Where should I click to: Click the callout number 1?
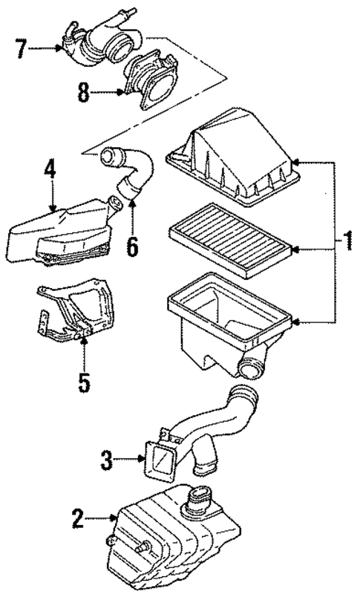click(x=347, y=241)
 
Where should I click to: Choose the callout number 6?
click(x=132, y=246)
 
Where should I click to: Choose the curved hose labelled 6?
click(x=134, y=178)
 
